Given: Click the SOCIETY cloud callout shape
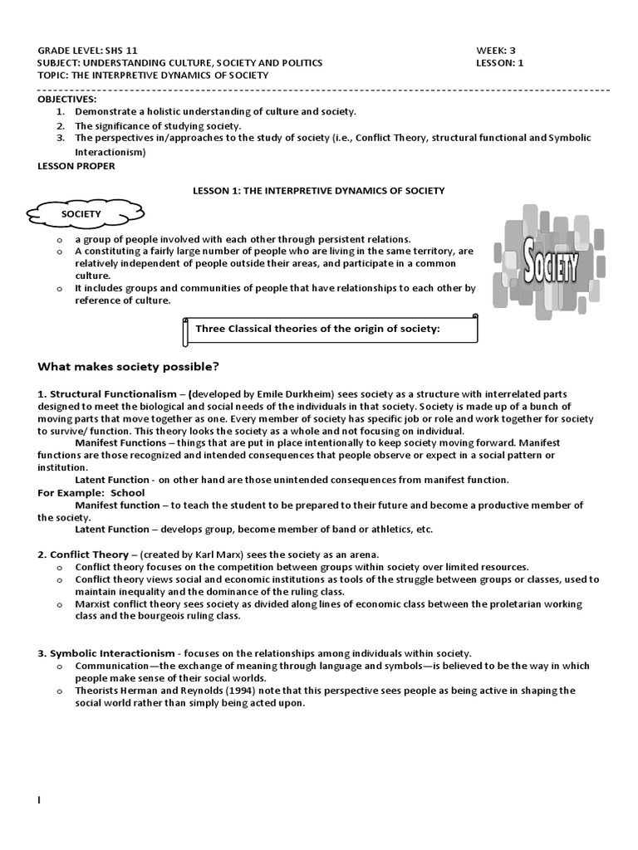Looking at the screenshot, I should click(81, 214).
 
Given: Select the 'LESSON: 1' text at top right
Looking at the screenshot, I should click(500, 62).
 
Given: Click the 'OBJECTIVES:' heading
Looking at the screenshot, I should click(67, 99).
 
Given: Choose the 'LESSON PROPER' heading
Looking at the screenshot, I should click(76, 165).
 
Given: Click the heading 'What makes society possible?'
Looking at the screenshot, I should click(129, 367).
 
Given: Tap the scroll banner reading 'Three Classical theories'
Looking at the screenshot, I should click(329, 330).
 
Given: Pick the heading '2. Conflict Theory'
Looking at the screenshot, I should click(83, 554).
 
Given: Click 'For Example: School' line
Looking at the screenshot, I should click(91, 492).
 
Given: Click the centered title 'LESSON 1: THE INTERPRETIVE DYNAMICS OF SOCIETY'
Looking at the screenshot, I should click(319, 190).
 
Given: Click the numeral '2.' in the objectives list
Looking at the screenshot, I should click(60, 125).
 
